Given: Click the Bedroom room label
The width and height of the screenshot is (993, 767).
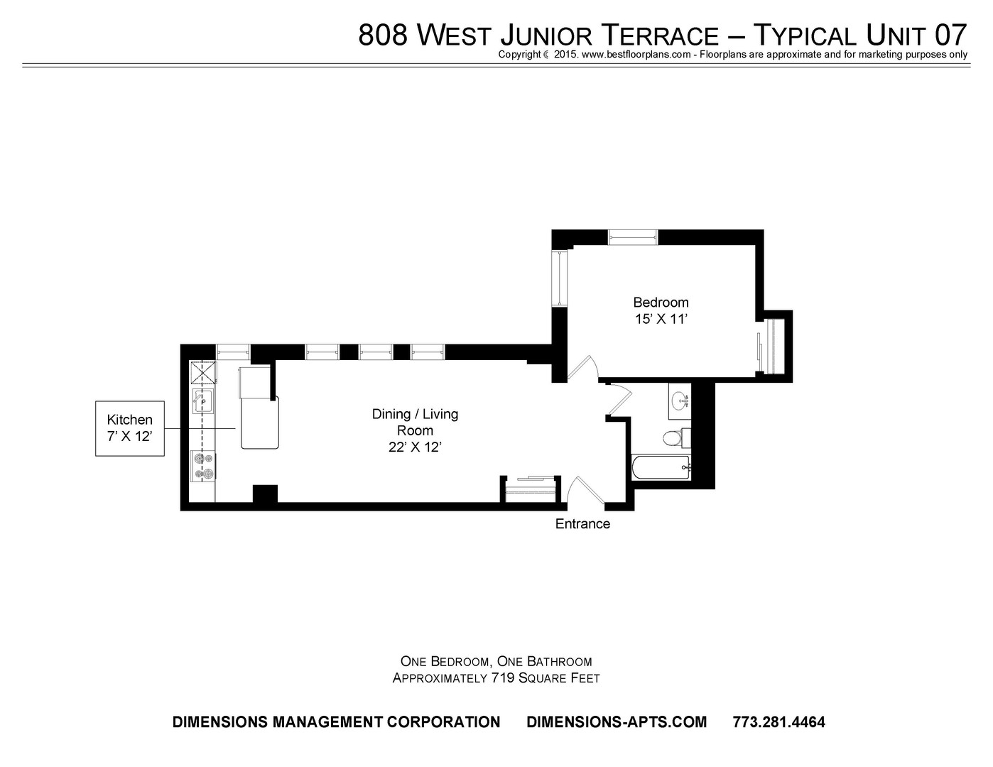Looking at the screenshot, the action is (661, 303).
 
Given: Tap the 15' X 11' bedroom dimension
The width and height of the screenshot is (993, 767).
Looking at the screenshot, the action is (661, 320).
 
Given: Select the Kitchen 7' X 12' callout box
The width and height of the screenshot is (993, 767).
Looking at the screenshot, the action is (130, 428).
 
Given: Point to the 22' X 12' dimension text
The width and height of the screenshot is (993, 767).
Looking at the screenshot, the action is (415, 447).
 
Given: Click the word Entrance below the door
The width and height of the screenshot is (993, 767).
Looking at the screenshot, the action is (582, 524).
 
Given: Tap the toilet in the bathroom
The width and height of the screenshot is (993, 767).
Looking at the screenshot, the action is (676, 438).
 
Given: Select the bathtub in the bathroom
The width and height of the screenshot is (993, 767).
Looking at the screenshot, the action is (661, 467).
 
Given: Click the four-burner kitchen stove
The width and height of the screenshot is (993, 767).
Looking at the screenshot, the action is (203, 466).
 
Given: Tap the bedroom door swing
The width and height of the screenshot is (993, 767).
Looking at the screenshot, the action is (582, 368).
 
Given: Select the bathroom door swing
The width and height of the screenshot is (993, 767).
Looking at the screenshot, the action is (619, 401).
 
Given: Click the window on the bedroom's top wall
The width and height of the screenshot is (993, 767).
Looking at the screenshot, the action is (633, 237).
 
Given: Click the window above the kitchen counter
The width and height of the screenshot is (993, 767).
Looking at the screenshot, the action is (233, 352).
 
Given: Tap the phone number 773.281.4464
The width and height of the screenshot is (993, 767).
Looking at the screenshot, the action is (778, 722).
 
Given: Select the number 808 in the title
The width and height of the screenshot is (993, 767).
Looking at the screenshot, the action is (382, 35).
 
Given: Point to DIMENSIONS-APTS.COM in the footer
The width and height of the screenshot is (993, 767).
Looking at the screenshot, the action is (617, 722).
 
